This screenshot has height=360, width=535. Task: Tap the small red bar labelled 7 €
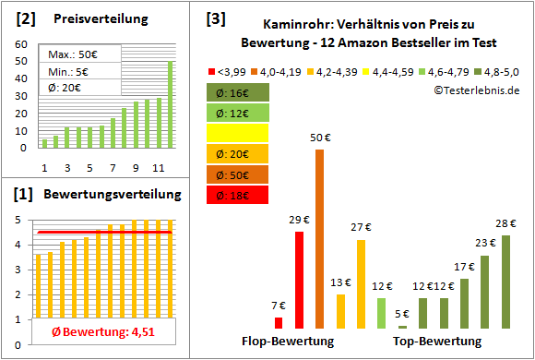pos(279,322)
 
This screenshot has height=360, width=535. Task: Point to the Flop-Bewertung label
pos(288,342)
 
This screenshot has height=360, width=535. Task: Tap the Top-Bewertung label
pos(437,342)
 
